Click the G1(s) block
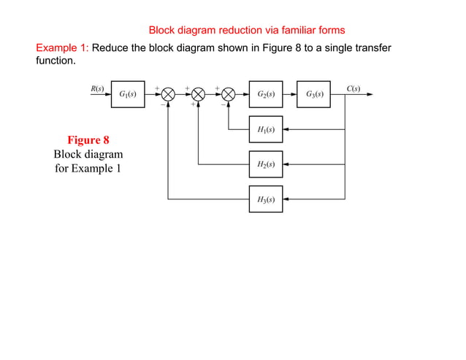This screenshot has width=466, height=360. [128, 94]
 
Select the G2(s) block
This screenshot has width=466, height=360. [266, 94]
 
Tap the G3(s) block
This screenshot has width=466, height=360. [313, 94]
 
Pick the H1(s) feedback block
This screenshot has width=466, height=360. [266, 129]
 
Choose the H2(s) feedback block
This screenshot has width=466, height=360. [266, 164]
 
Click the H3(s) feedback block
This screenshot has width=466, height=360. [266, 199]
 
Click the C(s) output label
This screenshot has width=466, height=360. [353, 88]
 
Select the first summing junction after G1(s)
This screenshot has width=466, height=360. [168, 94]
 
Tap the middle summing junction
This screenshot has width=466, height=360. [199, 94]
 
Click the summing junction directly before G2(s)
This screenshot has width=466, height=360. [229, 94]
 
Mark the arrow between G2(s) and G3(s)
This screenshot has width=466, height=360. [290, 94]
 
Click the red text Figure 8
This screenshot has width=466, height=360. [88, 140]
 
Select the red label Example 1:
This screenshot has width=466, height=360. [63, 47]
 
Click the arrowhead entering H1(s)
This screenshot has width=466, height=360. [286, 129]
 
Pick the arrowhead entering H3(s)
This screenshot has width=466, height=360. [286, 199]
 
